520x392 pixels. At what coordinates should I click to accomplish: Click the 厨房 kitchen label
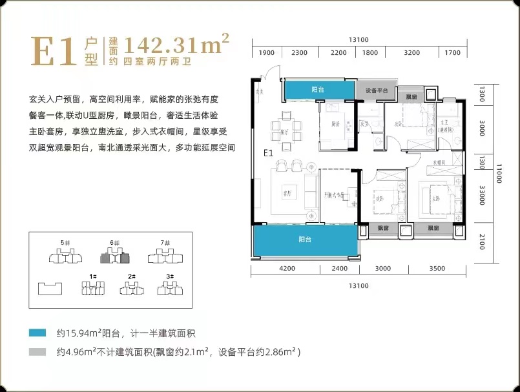[x=336, y=124]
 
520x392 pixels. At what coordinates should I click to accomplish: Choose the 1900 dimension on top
[x=267, y=53]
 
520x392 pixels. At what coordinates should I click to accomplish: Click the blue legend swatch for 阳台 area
[x=37, y=333]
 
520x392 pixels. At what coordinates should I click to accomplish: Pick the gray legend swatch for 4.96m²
[x=37, y=353]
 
